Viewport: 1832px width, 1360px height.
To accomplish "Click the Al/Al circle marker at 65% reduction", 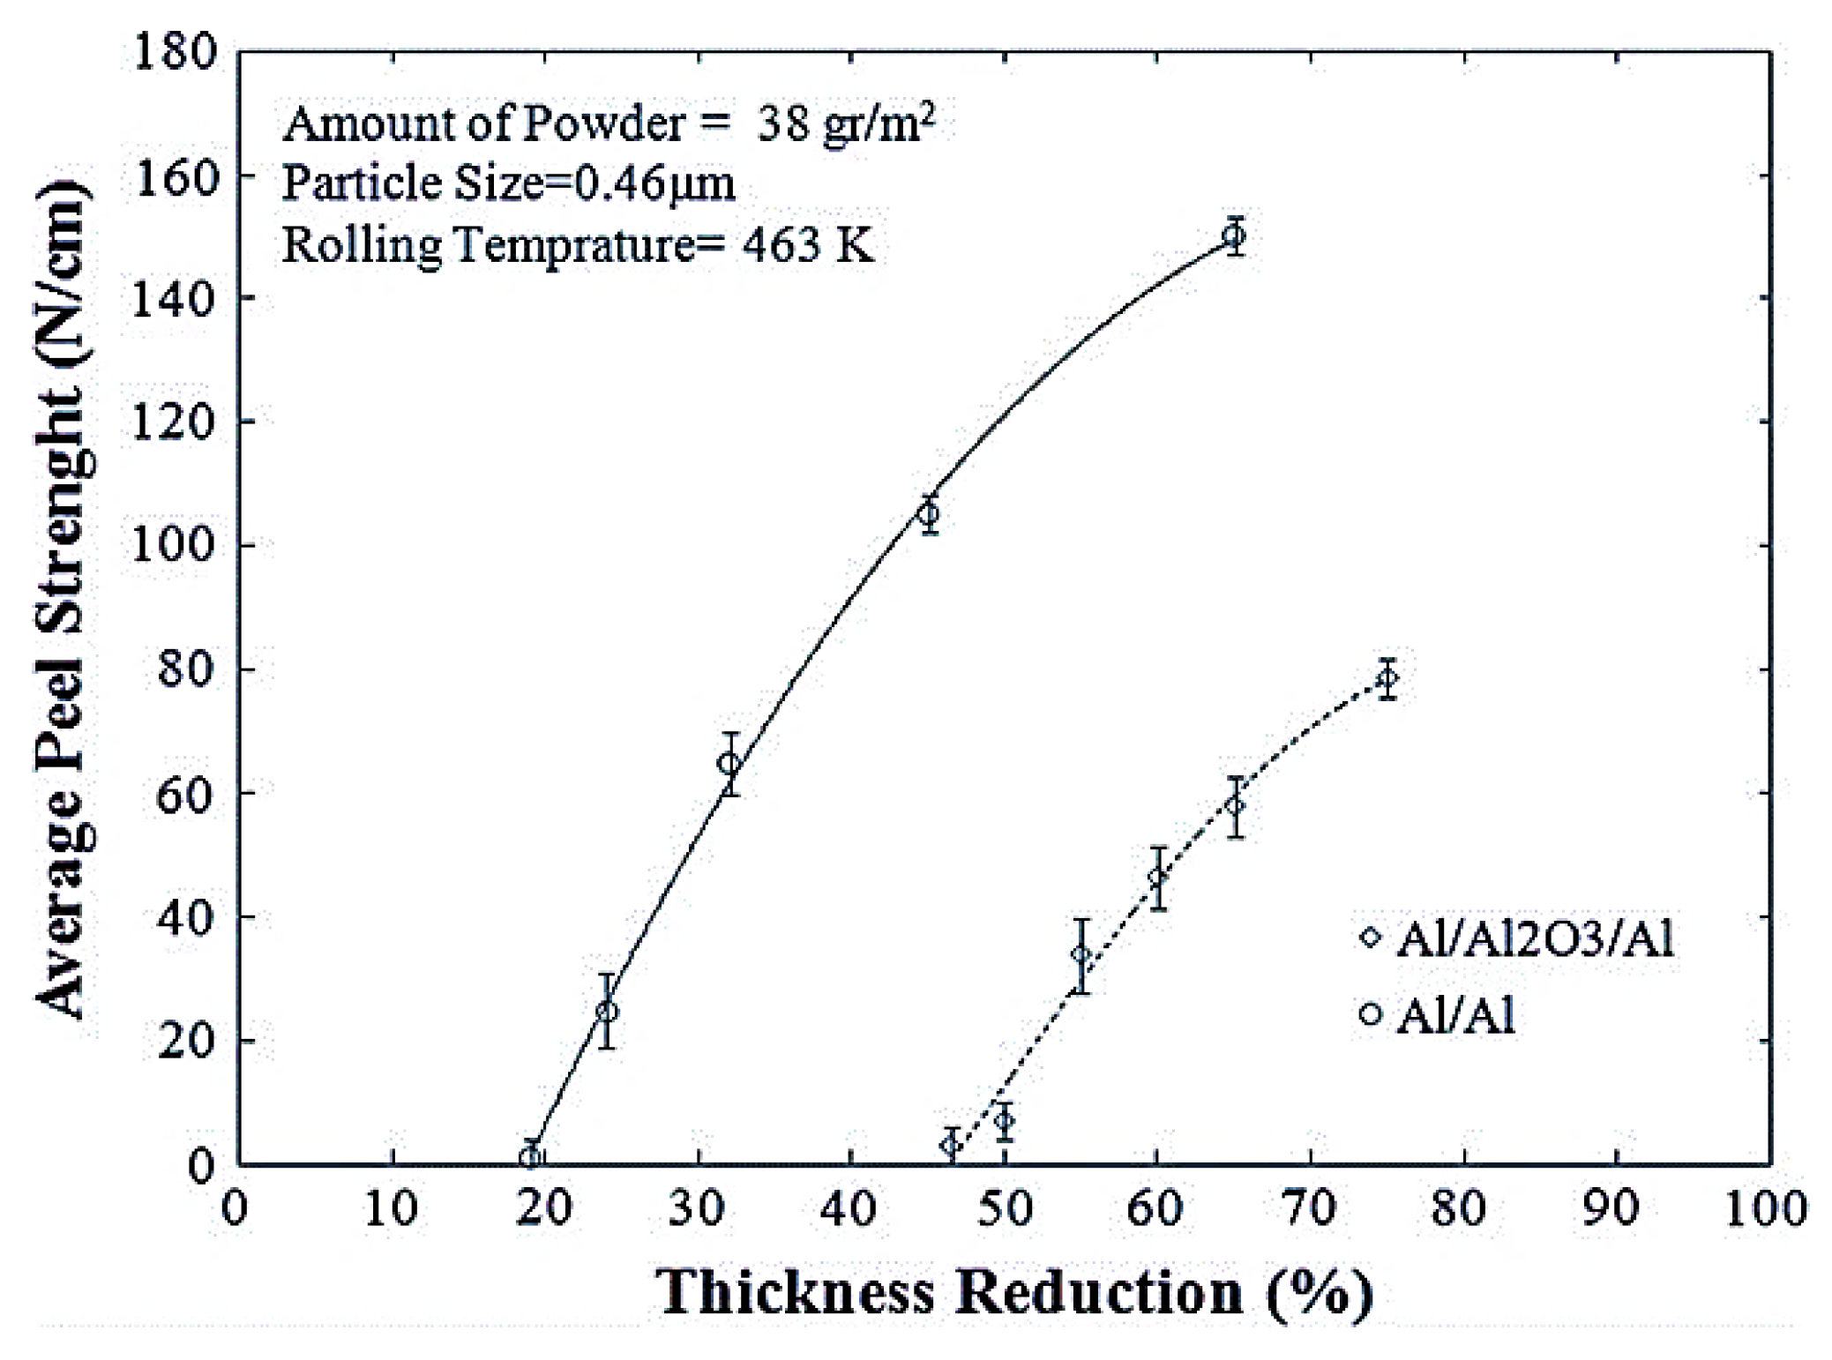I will tap(1234, 235).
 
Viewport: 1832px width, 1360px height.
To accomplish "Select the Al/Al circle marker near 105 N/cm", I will tap(928, 513).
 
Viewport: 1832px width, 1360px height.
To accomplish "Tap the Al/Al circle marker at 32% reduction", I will tap(729, 764).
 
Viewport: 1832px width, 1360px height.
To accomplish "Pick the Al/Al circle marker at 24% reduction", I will tap(607, 1011).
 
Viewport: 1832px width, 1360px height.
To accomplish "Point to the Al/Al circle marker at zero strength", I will tap(530, 1156).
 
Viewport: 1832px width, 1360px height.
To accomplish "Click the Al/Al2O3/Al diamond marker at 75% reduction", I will tap(1387, 678).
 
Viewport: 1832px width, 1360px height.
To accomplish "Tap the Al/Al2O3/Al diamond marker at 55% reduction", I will tap(1081, 954).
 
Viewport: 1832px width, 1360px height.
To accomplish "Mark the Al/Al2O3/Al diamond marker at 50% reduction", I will tap(1004, 1121).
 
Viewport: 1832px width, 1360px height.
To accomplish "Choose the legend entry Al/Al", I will tap(1455, 1014).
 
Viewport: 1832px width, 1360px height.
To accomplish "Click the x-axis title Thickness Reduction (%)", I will tap(1014, 1293).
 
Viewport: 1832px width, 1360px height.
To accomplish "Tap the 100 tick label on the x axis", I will tap(1766, 1207).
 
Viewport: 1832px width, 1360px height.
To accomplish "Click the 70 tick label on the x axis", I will tap(1310, 1207).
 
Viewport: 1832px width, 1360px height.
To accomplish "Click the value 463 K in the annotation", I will tap(808, 244).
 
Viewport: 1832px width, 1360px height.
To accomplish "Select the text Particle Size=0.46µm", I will tap(508, 183).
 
